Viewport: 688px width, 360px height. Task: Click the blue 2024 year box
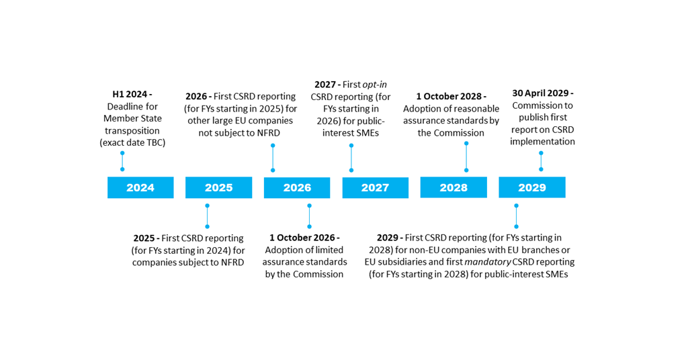(x=140, y=187)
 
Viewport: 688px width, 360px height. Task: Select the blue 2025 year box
(x=218, y=187)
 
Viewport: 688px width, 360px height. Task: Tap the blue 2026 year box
(x=297, y=187)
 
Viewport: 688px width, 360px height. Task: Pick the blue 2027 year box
(x=375, y=187)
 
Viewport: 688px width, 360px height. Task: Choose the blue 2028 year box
(x=454, y=187)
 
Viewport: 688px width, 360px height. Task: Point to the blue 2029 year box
(x=531, y=187)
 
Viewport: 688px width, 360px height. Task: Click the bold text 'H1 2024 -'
(x=132, y=94)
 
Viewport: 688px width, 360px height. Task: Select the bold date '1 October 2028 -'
(x=451, y=96)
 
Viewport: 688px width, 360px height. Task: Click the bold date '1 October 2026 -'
(x=304, y=238)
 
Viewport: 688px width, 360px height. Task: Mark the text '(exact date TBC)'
(x=132, y=142)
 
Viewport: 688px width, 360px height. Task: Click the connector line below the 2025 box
(x=207, y=216)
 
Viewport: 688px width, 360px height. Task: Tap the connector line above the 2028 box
(x=466, y=156)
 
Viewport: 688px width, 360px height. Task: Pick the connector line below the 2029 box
(x=516, y=216)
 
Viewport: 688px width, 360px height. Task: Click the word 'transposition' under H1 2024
(x=132, y=130)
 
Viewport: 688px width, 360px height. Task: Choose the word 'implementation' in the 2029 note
(x=542, y=142)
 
